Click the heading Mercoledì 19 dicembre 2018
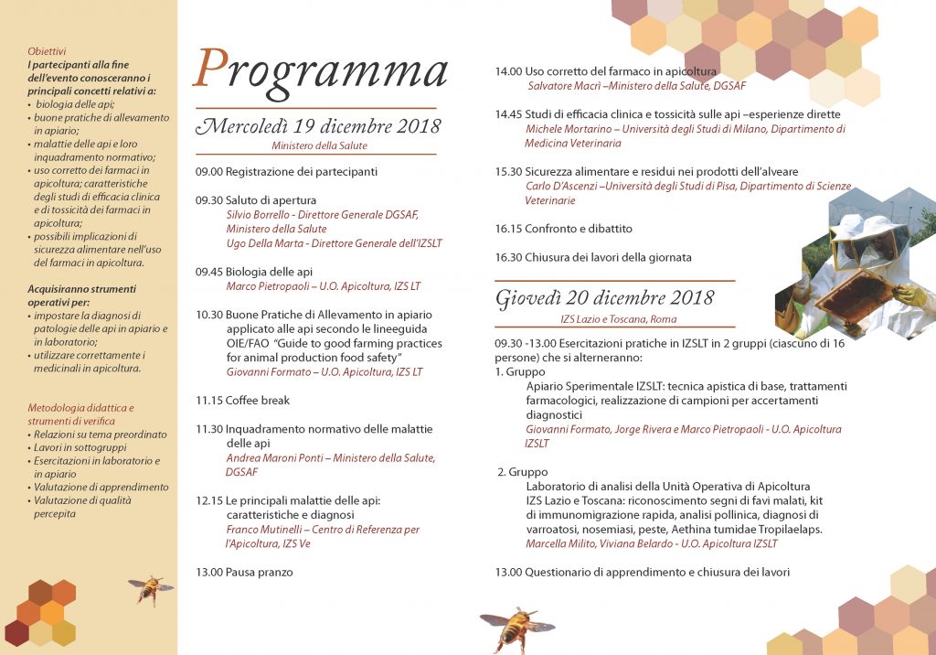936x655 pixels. [x=318, y=126]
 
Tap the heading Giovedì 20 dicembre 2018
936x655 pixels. [x=604, y=298]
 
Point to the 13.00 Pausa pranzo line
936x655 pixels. [x=244, y=572]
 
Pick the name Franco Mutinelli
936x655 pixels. [x=264, y=530]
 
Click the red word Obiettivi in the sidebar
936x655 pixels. [x=47, y=52]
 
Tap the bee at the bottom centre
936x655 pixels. [x=516, y=628]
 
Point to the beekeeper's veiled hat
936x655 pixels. [x=859, y=240]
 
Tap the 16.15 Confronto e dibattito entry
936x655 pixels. [x=563, y=229]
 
